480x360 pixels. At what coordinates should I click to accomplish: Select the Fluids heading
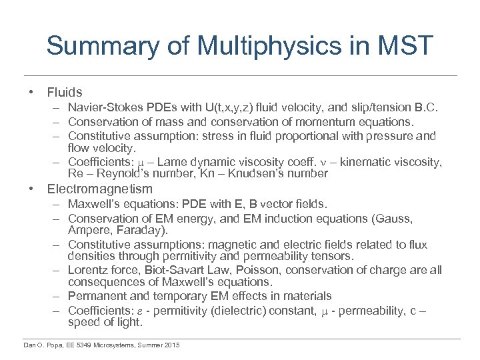pyautogui.click(x=65, y=93)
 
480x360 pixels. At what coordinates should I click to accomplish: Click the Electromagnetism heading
pyautogui.click(x=99, y=189)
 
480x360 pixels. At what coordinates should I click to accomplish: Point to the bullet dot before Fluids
pyautogui.click(x=31, y=93)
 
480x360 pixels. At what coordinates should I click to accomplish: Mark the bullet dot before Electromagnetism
pyautogui.click(x=31, y=189)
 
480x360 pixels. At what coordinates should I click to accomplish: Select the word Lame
pyautogui.click(x=163, y=161)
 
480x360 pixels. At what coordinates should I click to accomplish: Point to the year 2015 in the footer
pyautogui.click(x=169, y=345)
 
